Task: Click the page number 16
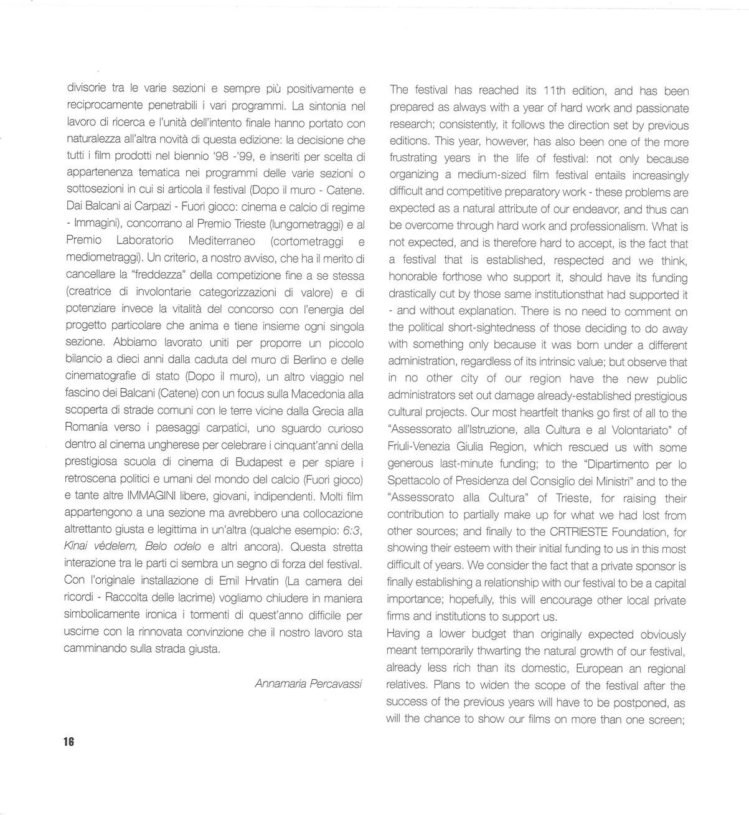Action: pyautogui.click(x=68, y=741)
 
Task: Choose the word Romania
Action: pyautogui.click(x=87, y=428)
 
